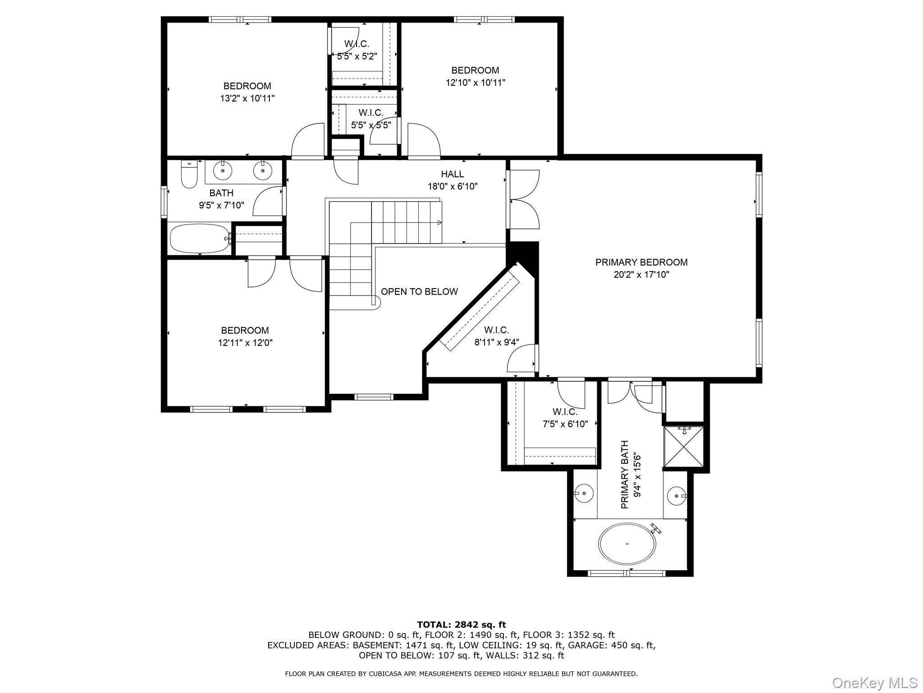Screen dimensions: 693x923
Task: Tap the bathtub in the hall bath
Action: (x=199, y=238)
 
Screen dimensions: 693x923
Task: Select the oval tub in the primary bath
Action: (x=627, y=544)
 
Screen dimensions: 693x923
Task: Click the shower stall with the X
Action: (x=684, y=446)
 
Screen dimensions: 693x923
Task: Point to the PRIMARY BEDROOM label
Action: (x=641, y=262)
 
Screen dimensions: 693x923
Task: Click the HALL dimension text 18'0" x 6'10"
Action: (x=452, y=186)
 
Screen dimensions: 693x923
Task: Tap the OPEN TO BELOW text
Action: (x=419, y=291)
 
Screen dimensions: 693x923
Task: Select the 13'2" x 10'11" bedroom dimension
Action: (x=247, y=98)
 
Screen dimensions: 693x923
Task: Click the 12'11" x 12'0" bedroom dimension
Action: (x=245, y=343)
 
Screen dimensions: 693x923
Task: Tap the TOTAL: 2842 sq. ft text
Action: (x=461, y=625)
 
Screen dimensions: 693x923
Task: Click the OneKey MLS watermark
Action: (x=874, y=683)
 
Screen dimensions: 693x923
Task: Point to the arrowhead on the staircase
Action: (x=439, y=223)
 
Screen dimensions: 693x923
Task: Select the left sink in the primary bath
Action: (x=584, y=493)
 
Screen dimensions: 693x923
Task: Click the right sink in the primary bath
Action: (x=676, y=495)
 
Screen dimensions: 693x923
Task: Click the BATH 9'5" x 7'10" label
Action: (x=221, y=199)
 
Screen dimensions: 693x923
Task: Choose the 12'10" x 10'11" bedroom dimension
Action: (x=475, y=83)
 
